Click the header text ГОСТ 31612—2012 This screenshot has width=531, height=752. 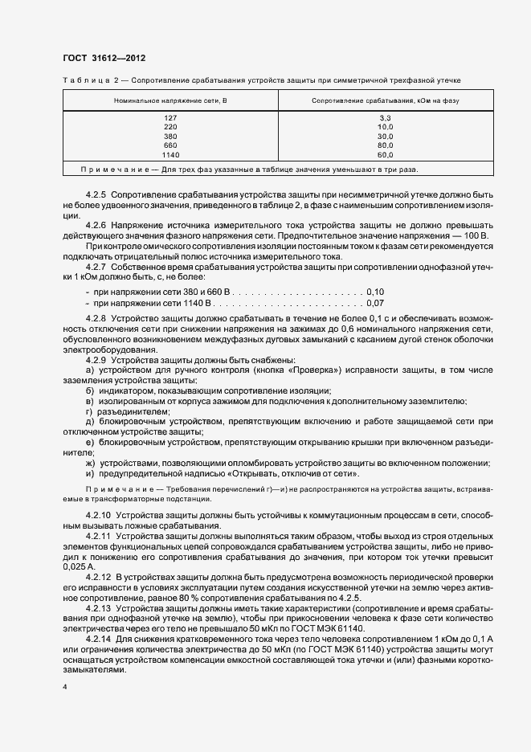(104, 58)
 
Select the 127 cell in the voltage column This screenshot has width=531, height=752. (170, 117)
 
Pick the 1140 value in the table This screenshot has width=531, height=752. (170, 153)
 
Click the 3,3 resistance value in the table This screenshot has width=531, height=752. (385, 117)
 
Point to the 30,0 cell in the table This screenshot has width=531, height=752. (385, 136)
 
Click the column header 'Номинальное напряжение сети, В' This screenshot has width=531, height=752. (170, 100)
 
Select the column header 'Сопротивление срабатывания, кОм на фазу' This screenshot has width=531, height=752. (385, 100)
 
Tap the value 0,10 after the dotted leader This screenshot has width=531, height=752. (375, 292)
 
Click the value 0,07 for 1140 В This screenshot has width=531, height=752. (375, 304)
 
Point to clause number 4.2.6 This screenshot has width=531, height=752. (96, 226)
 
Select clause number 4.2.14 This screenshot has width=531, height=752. (98, 638)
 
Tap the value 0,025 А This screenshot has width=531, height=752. (76, 566)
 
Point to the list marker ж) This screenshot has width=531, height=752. (89, 463)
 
